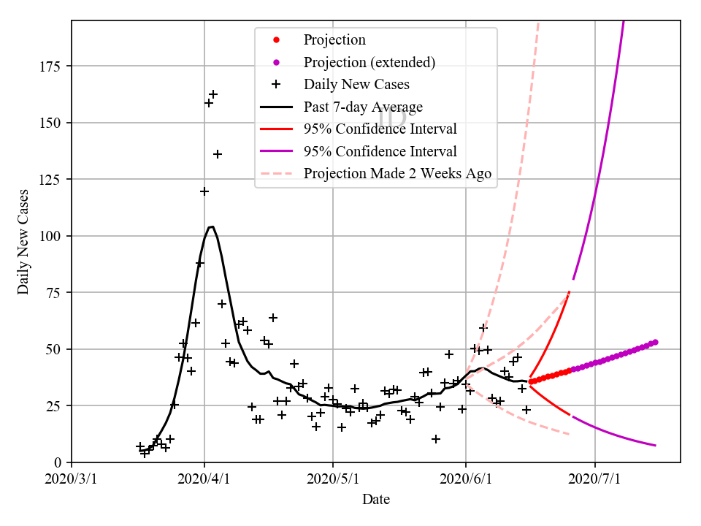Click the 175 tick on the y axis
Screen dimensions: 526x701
tap(53, 66)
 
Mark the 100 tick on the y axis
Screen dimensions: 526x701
tap(53, 236)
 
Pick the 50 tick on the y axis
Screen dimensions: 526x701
tap(57, 349)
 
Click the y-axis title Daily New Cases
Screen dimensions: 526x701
tap(23, 242)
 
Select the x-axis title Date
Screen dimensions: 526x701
tap(376, 500)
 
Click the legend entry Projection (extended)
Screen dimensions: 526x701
tap(369, 62)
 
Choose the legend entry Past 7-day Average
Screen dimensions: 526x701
tap(363, 107)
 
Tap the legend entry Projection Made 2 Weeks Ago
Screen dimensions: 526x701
tap(397, 174)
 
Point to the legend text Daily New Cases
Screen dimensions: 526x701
tap(356, 85)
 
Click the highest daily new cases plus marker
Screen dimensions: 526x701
tap(213, 94)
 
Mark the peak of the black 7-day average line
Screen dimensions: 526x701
tap(211, 226)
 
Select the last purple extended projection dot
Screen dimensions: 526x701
tap(655, 342)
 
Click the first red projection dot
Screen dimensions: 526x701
tap(531, 381)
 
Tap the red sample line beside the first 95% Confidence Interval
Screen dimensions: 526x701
tap(276, 129)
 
